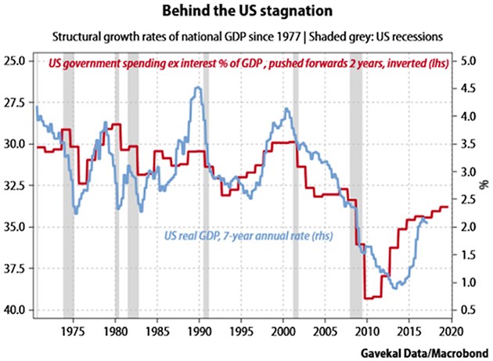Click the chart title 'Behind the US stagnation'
(246, 13)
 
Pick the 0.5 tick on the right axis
(466, 310)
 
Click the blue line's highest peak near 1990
(199, 88)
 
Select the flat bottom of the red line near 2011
(372, 298)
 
